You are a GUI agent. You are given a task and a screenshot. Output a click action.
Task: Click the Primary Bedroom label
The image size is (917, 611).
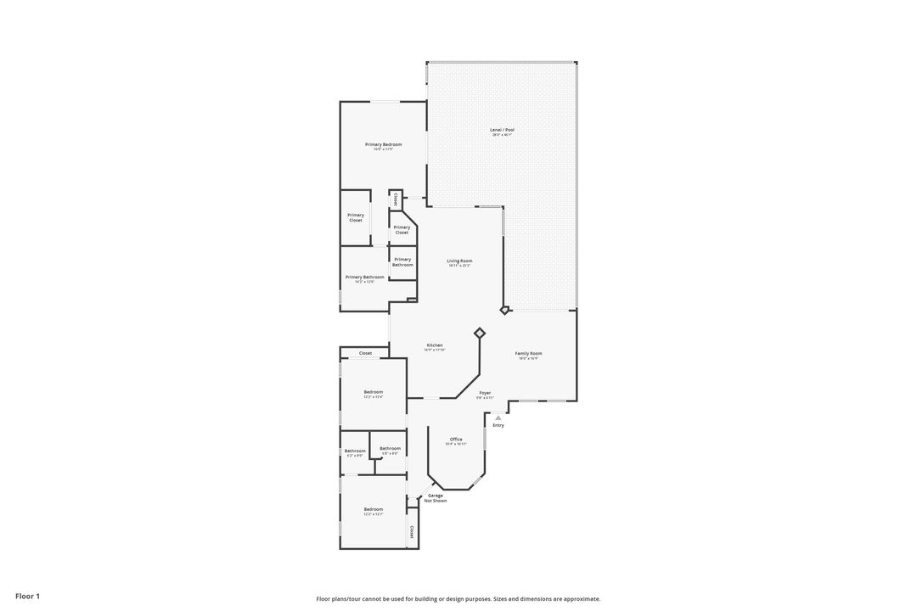[x=383, y=145]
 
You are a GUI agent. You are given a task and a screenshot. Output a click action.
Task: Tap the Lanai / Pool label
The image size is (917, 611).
[x=502, y=131]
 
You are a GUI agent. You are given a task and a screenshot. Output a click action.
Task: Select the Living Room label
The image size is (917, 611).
[x=459, y=261]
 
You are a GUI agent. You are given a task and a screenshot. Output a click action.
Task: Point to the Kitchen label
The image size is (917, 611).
[x=435, y=346]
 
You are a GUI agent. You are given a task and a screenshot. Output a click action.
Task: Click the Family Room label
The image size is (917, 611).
[x=528, y=354]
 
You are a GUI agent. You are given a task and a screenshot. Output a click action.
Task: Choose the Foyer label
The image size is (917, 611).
[x=485, y=394]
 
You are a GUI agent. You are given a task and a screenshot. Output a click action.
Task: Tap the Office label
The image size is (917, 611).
[x=456, y=440]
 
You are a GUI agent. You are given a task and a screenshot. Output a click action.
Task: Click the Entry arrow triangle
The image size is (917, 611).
[x=498, y=418]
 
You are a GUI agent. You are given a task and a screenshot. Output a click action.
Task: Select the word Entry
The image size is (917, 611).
[x=498, y=425]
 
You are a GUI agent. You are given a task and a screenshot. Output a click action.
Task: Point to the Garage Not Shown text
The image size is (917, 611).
[x=436, y=498]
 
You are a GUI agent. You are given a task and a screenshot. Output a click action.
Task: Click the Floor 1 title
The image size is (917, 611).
[x=27, y=597]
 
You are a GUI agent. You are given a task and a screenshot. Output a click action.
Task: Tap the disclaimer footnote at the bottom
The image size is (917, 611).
[x=458, y=599]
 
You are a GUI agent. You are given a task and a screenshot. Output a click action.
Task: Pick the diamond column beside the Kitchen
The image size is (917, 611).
[x=480, y=334]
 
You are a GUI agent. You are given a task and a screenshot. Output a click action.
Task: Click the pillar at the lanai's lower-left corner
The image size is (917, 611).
[x=504, y=311]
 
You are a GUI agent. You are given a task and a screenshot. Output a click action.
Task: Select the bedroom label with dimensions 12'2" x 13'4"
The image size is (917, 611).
[x=374, y=393]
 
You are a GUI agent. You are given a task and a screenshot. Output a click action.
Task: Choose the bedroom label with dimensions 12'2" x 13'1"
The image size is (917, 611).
[x=374, y=510]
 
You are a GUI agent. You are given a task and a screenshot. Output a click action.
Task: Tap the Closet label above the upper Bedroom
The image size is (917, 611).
[x=365, y=353]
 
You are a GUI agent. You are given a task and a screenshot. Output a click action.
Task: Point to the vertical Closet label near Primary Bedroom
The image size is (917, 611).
[x=396, y=200]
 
